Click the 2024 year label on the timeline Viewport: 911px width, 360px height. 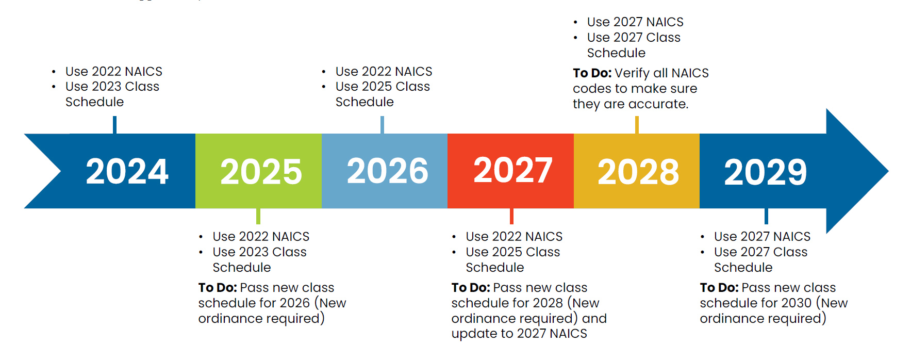(127, 171)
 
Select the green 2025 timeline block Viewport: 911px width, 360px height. (258, 171)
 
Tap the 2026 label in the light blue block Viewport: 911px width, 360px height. (387, 171)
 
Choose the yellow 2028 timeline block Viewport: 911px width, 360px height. (638, 171)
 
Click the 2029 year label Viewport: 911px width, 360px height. (765, 171)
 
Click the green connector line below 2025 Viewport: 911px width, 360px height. (258, 216)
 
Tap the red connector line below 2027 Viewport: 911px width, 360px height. (511, 216)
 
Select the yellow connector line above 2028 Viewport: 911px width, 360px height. (637, 125)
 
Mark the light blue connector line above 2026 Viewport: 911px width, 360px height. (382, 125)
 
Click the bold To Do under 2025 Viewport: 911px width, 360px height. (217, 288)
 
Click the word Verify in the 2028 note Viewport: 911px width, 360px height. (632, 73)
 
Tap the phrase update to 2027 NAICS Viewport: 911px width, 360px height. (519, 334)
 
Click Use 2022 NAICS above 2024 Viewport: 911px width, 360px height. (113, 71)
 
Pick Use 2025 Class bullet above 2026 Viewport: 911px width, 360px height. (383, 87)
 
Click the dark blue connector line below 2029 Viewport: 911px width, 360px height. (766, 216)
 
